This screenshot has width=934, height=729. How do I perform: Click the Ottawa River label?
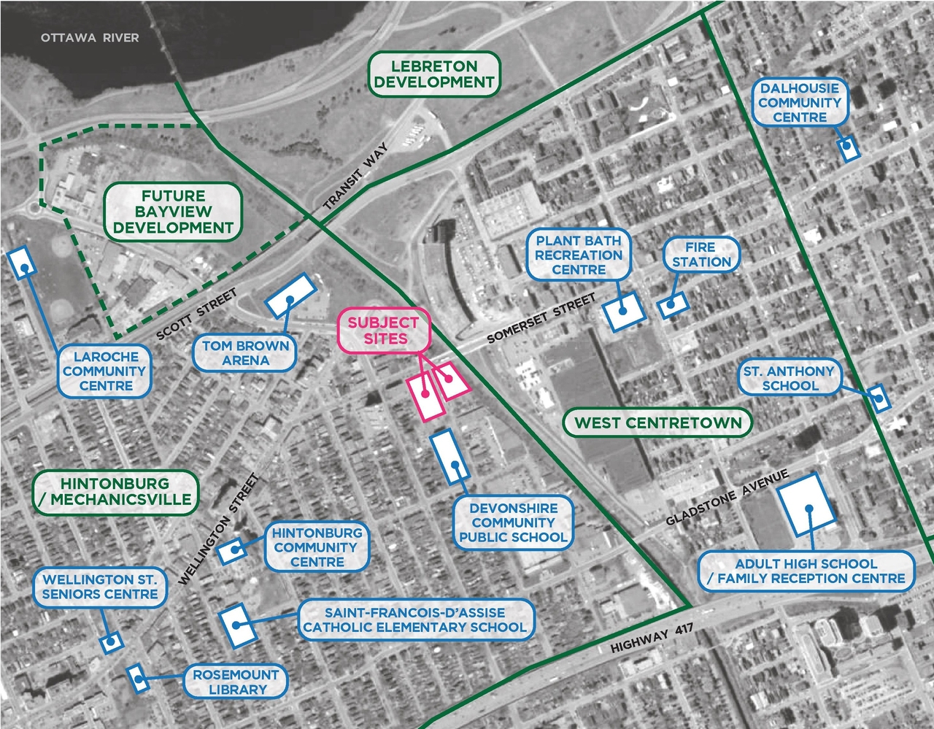[90, 37]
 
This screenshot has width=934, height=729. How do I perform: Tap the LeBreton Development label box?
[434, 74]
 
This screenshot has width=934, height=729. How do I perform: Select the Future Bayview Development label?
[173, 212]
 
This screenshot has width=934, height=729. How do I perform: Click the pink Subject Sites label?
[383, 331]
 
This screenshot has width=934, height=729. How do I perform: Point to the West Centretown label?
[657, 423]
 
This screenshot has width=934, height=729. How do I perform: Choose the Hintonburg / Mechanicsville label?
[115, 491]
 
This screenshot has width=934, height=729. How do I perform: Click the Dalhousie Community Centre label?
[800, 103]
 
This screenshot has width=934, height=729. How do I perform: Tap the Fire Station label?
[701, 255]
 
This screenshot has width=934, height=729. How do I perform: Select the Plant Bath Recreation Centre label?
[579, 255]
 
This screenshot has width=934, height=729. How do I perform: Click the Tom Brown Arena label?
[245, 353]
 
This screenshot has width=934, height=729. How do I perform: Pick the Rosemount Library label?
[236, 682]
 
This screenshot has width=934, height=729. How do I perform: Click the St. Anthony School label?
[789, 378]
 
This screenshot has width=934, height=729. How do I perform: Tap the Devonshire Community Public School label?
[513, 522]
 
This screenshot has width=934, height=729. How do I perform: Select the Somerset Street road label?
[541, 318]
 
